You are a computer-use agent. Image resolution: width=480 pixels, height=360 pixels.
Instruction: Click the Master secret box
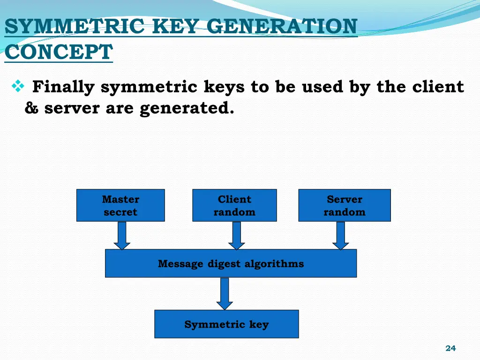[x=120, y=205]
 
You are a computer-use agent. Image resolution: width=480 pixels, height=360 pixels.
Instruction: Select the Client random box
[x=234, y=205]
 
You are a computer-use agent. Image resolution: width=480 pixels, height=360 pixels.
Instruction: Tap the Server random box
[x=344, y=205]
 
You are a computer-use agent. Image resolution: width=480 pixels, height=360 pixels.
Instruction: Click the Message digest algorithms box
[x=231, y=263]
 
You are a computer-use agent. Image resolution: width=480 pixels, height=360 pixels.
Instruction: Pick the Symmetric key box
[x=226, y=324]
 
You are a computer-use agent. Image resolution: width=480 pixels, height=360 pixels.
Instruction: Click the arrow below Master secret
[x=122, y=235]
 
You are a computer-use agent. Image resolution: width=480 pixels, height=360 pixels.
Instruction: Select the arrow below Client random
[x=237, y=235]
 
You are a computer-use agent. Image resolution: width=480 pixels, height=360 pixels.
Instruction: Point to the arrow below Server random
[x=341, y=235]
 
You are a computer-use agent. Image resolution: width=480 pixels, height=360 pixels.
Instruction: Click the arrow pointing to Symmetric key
[x=225, y=293]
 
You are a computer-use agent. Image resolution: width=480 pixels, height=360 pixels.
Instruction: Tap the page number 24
[x=450, y=348]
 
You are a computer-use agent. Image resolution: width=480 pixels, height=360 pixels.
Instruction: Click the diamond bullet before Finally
[x=17, y=87]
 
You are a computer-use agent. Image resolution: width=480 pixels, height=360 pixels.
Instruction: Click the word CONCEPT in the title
[x=59, y=52]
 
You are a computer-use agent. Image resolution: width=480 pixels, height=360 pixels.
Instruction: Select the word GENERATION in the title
[x=282, y=26]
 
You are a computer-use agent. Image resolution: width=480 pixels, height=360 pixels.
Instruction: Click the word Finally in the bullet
[x=63, y=87]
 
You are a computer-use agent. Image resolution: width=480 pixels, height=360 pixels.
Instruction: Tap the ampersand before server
[x=32, y=108]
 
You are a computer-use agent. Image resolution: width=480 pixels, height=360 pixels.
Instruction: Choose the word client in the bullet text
[x=438, y=87]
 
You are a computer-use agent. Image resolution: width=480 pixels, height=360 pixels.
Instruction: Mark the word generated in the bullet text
[x=187, y=108]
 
